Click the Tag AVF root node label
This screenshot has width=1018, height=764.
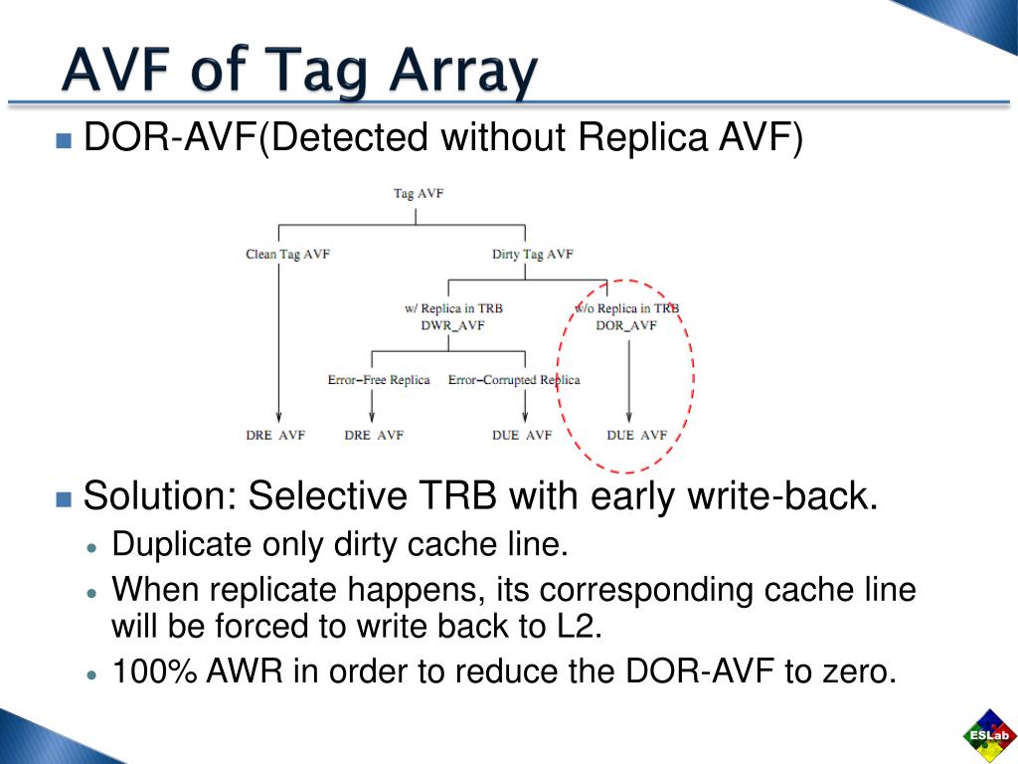click(x=418, y=193)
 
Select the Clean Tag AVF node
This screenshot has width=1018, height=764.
click(x=287, y=255)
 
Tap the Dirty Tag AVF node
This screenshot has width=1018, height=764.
click(x=532, y=255)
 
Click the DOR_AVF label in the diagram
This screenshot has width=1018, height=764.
click(x=626, y=324)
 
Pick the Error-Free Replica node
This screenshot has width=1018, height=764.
click(x=379, y=380)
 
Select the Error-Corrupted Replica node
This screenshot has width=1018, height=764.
click(x=513, y=380)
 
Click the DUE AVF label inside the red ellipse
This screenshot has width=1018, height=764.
click(x=637, y=436)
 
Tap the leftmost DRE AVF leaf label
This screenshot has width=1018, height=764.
click(x=275, y=436)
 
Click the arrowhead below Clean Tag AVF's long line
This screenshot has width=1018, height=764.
click(x=279, y=418)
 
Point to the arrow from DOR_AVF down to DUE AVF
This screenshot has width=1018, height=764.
click(x=627, y=378)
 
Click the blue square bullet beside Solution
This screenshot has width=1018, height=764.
click(x=65, y=498)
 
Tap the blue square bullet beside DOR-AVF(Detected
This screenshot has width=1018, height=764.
click(x=65, y=140)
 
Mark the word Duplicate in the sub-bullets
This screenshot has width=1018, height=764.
click(x=184, y=545)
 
